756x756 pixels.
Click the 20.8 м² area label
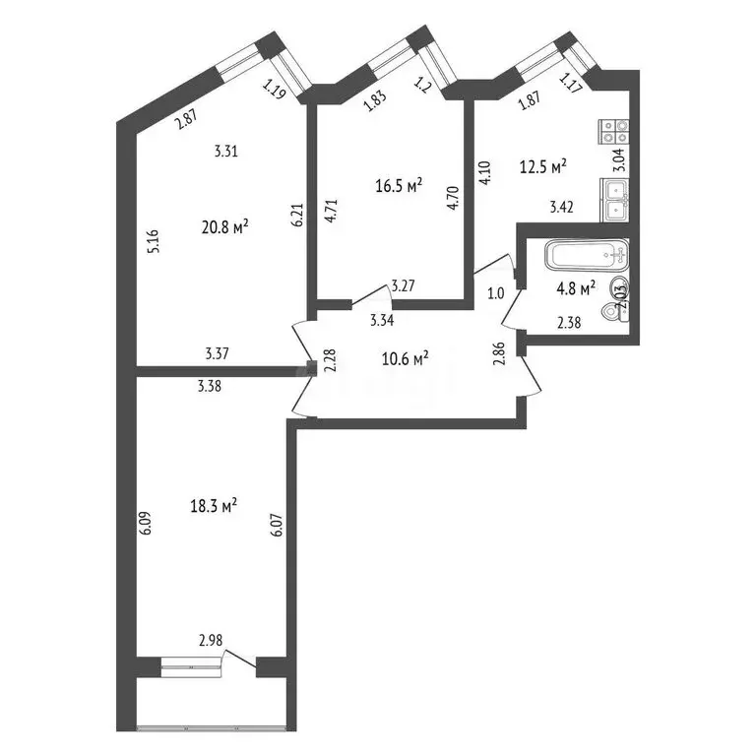coord(224,226)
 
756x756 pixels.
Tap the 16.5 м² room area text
coord(400,184)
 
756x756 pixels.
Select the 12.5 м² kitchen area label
coord(542,168)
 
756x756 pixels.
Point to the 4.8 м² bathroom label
coord(575,288)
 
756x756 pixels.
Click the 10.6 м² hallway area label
coord(405,358)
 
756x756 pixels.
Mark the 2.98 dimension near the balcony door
coord(210,640)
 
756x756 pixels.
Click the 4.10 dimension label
coord(483,174)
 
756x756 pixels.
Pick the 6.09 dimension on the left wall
coord(146,521)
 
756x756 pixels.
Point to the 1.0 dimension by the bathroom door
coord(495,293)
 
